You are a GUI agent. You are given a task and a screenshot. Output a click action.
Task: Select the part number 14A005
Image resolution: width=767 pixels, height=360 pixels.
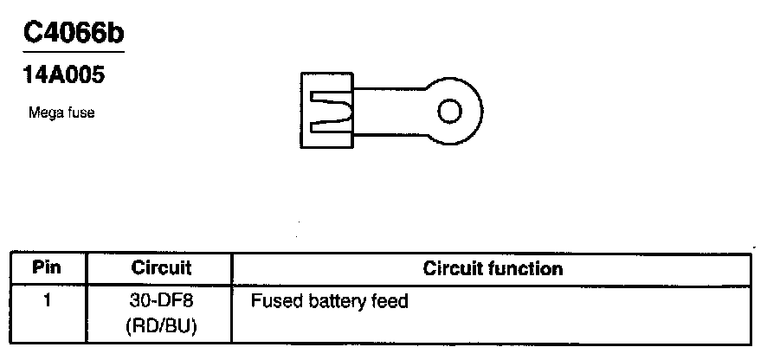63,76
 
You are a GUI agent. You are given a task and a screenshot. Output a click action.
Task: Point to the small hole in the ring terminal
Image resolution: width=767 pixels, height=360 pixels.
449,112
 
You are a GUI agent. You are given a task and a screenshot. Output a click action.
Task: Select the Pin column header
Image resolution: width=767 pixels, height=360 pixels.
47,268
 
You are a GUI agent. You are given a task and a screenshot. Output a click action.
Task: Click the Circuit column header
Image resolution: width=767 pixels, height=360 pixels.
161,268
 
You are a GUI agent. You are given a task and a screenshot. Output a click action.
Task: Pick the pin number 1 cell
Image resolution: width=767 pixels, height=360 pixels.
47,302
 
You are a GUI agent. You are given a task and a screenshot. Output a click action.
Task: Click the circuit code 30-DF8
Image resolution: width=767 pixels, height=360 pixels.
161,302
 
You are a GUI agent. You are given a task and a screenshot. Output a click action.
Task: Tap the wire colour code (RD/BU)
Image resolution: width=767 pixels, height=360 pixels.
161,326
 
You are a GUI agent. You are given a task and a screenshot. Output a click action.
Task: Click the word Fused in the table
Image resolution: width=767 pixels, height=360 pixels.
274,302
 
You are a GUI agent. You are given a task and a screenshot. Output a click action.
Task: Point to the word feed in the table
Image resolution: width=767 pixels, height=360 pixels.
389,302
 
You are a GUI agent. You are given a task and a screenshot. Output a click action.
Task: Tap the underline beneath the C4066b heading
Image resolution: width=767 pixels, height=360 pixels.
73,53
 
